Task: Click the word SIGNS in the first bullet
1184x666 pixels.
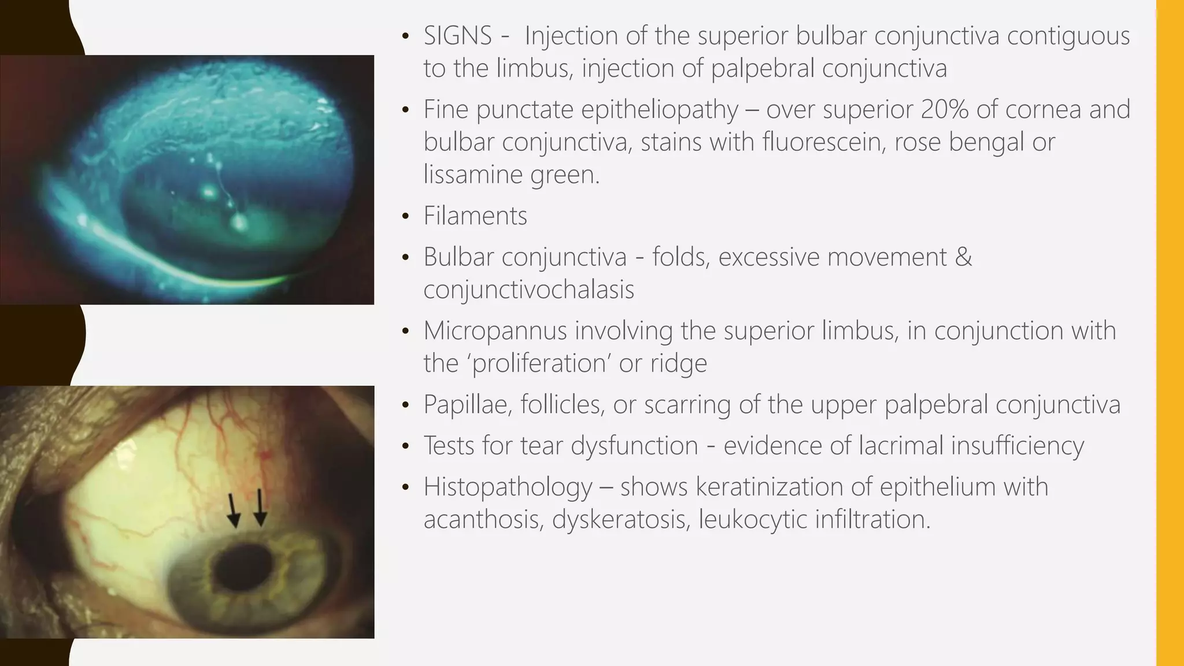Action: coord(457,36)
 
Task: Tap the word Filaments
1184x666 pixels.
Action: coord(475,216)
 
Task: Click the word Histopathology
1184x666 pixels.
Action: coord(508,487)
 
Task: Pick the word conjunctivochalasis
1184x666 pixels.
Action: coord(528,290)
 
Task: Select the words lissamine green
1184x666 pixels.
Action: coord(511,175)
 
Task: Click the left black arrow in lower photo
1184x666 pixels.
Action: coord(233,510)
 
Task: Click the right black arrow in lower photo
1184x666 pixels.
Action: coord(260,508)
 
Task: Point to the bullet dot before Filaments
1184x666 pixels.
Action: coord(406,217)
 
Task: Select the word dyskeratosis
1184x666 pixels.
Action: coord(620,519)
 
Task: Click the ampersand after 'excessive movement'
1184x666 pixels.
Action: coord(963,257)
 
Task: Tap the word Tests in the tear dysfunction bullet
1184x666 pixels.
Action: coord(452,446)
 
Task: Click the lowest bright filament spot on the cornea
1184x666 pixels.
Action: coord(238,221)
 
